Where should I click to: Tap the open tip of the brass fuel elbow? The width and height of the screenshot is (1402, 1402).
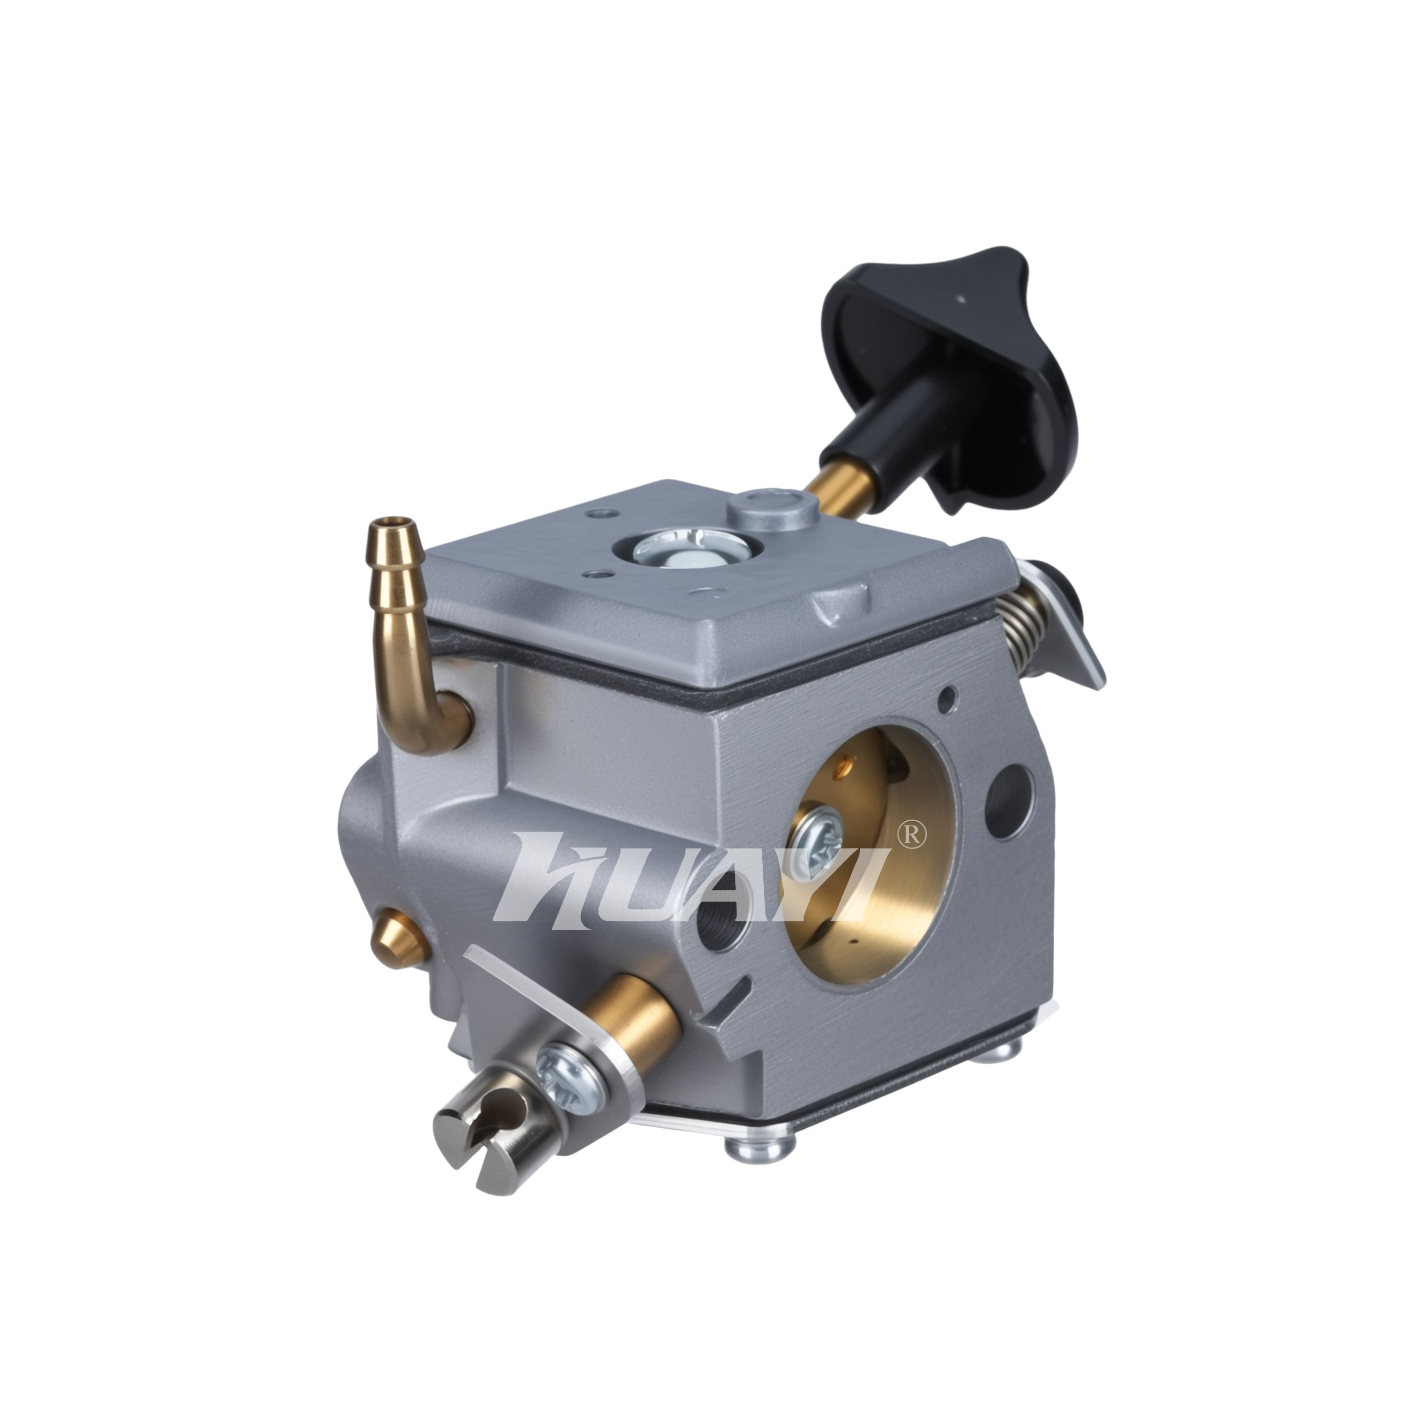click(x=394, y=521)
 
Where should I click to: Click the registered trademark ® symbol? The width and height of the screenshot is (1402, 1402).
click(x=911, y=835)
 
